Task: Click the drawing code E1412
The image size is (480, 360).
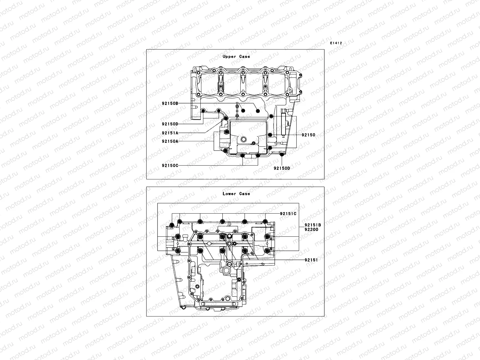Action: tap(336, 43)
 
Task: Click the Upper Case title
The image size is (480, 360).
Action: tap(236, 56)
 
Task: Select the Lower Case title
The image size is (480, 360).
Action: tap(236, 194)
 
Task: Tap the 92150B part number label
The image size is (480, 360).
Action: tap(170, 103)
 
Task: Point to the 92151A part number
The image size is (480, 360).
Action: tap(170, 133)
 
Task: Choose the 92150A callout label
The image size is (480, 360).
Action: tap(170, 141)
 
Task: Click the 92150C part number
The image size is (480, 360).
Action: tap(170, 165)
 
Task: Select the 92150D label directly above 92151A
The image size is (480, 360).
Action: tap(170, 124)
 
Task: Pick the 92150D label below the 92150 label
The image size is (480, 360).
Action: tap(282, 168)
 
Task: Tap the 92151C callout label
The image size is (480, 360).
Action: tap(288, 214)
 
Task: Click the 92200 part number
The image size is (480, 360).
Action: tap(311, 229)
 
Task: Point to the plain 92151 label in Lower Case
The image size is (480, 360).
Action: tap(311, 260)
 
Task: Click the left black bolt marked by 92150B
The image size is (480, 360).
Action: tap(243, 111)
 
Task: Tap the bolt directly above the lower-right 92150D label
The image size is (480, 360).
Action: tap(281, 154)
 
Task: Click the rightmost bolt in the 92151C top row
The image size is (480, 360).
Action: tap(265, 222)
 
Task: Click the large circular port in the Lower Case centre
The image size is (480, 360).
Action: tap(229, 264)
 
